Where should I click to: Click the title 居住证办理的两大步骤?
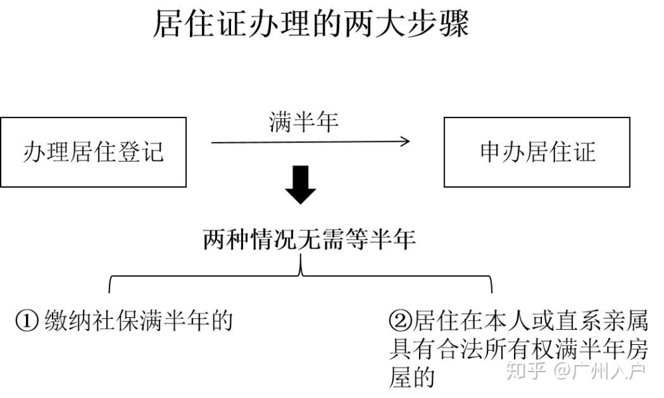[311, 24]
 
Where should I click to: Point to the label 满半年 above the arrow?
[303, 122]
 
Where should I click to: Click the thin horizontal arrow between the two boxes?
[310, 142]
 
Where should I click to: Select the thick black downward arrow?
[300, 185]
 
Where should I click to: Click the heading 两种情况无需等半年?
[309, 239]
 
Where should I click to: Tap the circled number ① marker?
[27, 321]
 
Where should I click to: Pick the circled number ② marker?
[400, 320]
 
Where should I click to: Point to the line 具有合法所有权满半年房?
[519, 349]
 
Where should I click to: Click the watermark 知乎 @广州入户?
[576, 371]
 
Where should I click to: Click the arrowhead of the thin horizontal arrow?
[406, 142]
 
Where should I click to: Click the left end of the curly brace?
[110, 293]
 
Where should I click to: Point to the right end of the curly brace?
[491, 293]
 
